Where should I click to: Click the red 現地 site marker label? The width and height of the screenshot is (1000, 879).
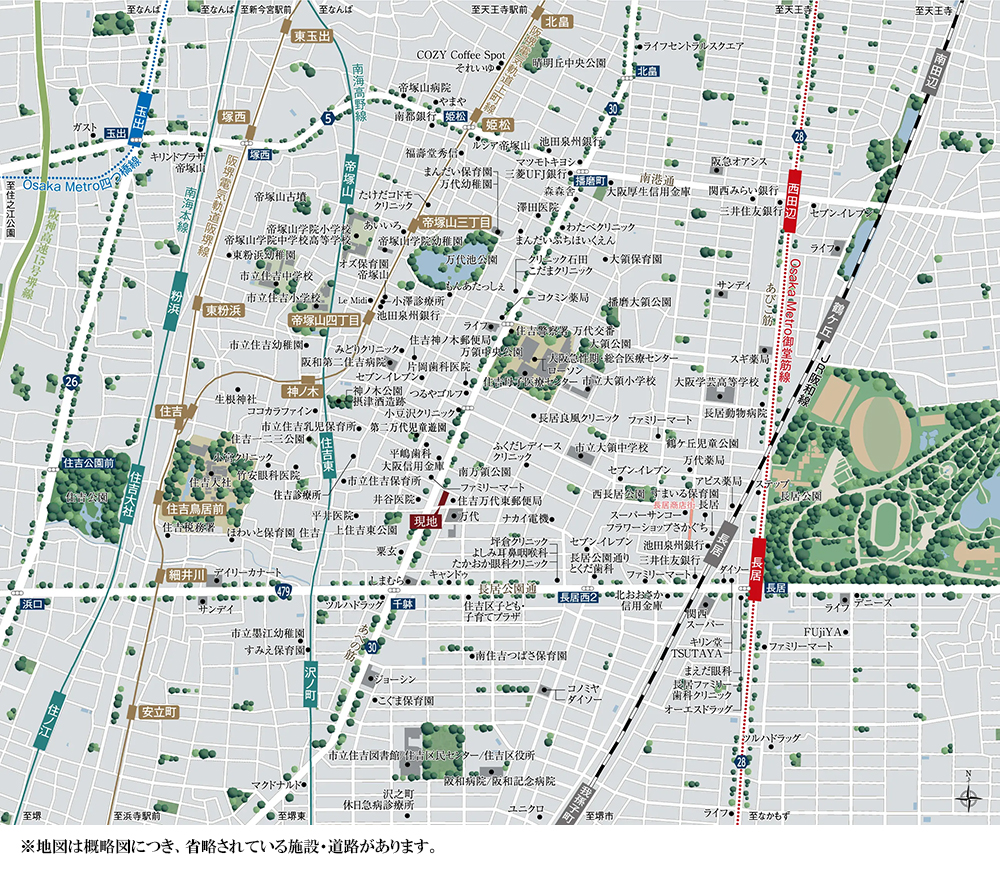tap(424, 521)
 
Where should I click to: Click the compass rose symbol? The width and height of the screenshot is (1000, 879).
tap(967, 797)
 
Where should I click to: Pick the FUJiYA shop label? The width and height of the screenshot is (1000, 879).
tap(823, 633)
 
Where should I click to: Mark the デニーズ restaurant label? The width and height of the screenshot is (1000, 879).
tap(872, 603)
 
